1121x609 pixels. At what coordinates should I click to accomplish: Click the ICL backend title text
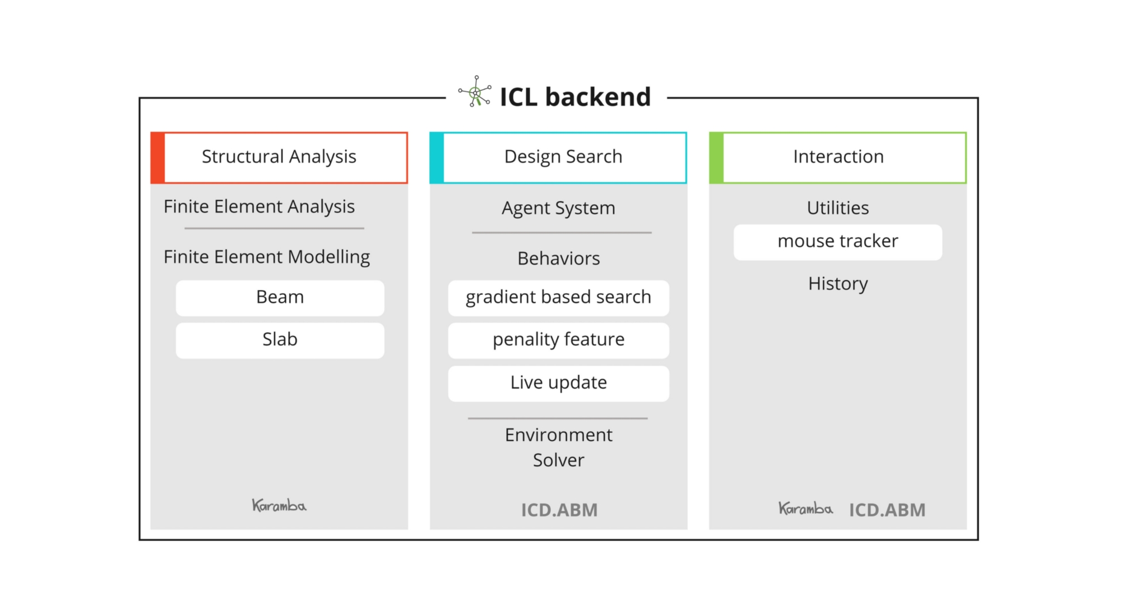point(575,97)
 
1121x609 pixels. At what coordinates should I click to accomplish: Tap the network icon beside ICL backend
point(475,91)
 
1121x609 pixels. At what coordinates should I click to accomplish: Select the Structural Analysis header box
point(279,158)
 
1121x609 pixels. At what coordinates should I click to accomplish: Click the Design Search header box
point(558,158)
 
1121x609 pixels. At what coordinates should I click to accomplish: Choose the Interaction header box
point(838,158)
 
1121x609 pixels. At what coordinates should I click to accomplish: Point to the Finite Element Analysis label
point(259,207)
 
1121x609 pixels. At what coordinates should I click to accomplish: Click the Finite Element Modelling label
point(267,257)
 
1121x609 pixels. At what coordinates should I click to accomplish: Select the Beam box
point(280,298)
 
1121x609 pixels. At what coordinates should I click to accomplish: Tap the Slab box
point(280,340)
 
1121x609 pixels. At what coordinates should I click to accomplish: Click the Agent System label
point(558,209)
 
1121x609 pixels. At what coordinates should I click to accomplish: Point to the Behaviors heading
point(558,259)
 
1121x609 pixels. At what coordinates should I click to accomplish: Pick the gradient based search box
point(558,298)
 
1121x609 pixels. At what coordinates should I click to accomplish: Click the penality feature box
point(558,340)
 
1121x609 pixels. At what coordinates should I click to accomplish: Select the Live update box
point(558,384)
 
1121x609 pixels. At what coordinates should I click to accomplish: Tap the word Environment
point(558,435)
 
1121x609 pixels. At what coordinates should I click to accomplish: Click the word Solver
point(558,460)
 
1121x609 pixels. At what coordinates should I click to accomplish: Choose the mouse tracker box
point(838,242)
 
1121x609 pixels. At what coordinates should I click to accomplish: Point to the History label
point(838,284)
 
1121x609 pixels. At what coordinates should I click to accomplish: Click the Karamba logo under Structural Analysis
point(279,505)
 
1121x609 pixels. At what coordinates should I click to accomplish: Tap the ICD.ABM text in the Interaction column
point(887,510)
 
